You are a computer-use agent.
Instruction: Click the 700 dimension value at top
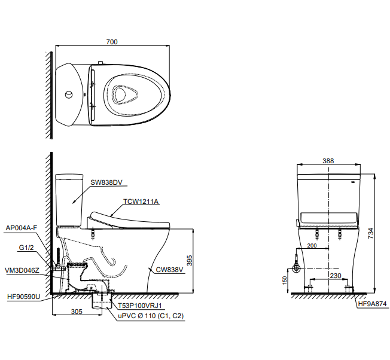112,42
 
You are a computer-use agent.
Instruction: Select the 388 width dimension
327,161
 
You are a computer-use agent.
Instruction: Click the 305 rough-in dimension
77,310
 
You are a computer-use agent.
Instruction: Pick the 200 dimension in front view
312,246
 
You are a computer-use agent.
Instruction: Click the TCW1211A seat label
141,202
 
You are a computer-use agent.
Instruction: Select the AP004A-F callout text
22,228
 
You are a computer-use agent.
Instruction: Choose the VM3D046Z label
23,270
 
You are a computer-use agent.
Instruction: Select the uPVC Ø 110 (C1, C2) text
150,315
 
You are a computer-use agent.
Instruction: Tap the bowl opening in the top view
124,94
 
